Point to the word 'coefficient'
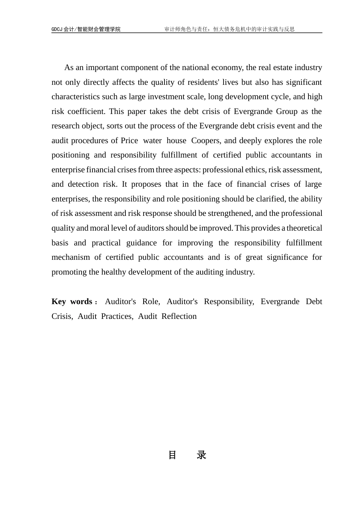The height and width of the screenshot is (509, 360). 87,112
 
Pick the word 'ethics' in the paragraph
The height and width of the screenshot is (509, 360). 256,170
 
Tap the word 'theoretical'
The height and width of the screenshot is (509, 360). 304,228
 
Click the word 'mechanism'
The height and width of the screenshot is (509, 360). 69,258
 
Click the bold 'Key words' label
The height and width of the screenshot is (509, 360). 72,302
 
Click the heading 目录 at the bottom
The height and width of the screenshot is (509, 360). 187,455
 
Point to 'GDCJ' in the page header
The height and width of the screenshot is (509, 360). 57,29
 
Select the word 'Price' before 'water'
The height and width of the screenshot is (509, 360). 129,141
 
